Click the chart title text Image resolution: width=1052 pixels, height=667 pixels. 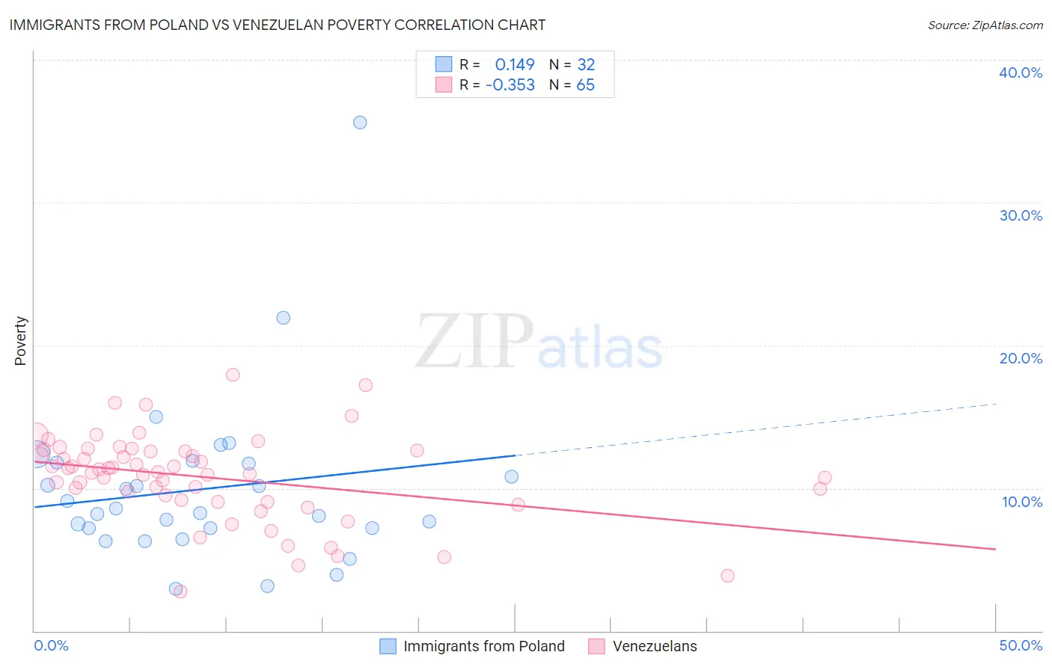[278, 25]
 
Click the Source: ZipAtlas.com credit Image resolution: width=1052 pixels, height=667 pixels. [985, 25]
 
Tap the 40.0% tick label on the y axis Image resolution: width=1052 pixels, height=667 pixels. [1020, 73]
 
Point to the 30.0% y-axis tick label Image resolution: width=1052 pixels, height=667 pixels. [1020, 215]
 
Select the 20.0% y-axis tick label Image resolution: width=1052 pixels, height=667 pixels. [1020, 358]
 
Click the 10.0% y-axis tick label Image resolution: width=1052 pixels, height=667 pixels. [1021, 502]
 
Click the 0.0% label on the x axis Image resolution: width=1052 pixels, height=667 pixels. [51, 645]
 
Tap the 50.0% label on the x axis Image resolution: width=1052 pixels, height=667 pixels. [1020, 645]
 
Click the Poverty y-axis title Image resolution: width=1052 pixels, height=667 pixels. [20, 341]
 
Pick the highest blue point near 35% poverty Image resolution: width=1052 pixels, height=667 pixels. [360, 123]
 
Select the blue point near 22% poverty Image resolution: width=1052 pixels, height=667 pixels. [283, 318]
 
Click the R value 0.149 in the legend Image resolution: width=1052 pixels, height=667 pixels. [515, 64]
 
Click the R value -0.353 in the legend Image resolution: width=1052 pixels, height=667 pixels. [510, 85]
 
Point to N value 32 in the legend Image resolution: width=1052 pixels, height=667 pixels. [586, 64]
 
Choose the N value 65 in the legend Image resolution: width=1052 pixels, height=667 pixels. [585, 85]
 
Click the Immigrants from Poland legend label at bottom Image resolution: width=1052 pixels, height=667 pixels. [483, 646]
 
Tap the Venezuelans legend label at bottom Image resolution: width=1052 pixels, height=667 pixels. [654, 646]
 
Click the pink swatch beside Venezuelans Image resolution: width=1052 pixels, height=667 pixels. [596, 646]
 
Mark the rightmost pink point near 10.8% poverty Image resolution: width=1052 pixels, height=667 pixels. [825, 478]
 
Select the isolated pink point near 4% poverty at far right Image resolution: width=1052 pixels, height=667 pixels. [727, 576]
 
